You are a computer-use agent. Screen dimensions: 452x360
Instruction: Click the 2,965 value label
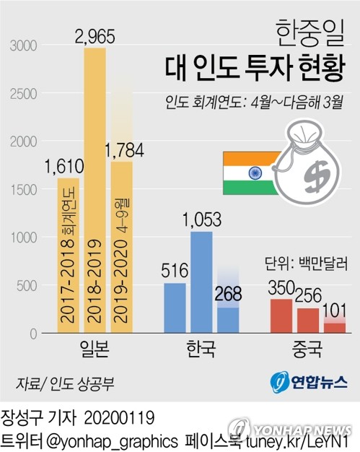pos(95,35)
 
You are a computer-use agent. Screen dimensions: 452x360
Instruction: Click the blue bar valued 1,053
pos(201,282)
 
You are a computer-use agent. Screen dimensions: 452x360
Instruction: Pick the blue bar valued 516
pos(175,308)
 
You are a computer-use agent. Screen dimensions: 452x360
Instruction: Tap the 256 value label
pos(307,295)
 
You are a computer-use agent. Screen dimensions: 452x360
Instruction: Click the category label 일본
pos(95,350)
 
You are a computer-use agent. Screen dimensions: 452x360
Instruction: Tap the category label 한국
pos(201,350)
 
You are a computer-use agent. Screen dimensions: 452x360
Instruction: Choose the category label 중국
pos(307,350)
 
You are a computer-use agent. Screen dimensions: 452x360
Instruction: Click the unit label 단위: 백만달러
pos(307,263)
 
